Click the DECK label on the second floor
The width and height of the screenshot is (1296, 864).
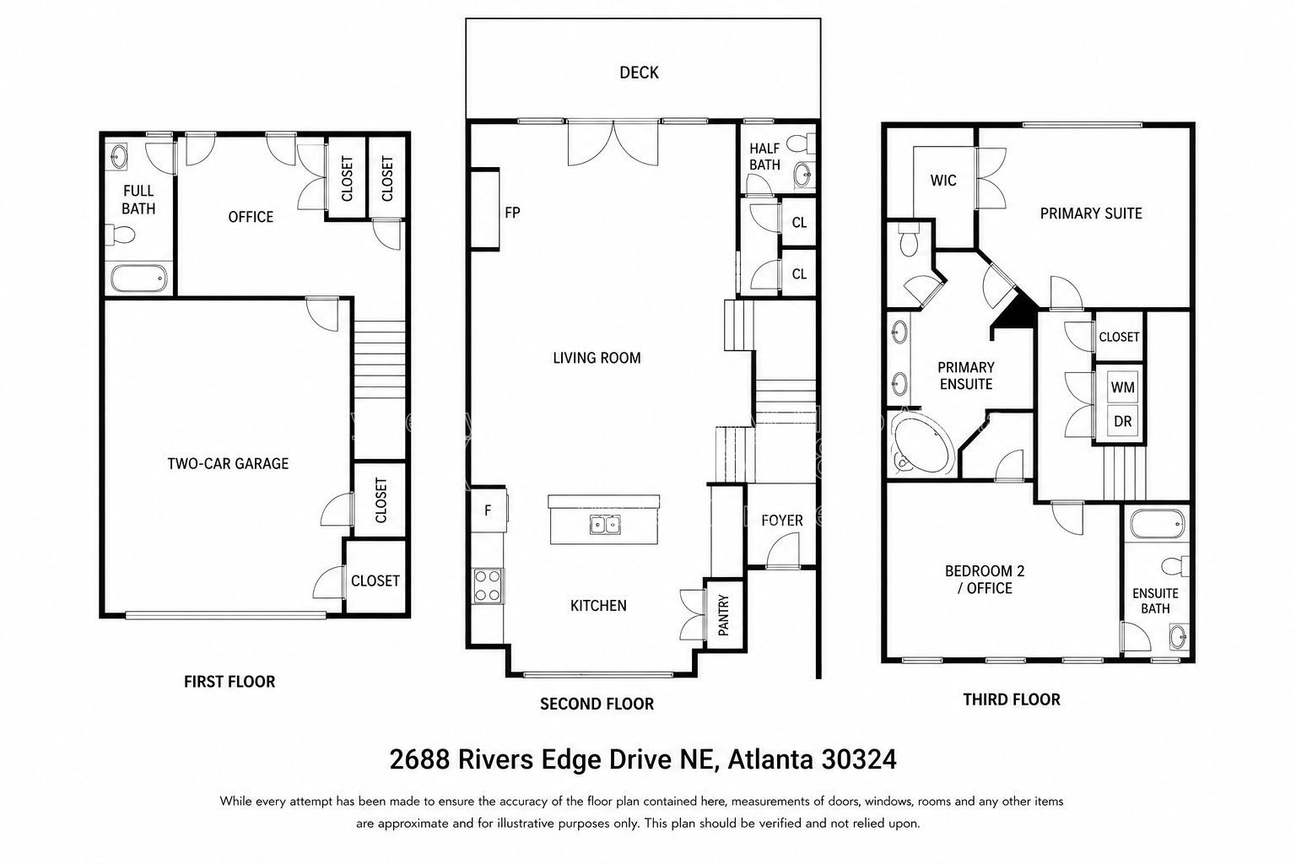[x=639, y=73]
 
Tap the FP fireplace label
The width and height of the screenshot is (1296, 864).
[x=512, y=213]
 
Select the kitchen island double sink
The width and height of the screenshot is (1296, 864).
[x=605, y=524]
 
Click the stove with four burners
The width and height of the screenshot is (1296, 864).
[x=487, y=586]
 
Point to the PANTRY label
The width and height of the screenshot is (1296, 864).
[x=723, y=614]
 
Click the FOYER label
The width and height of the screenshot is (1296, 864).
[x=781, y=521]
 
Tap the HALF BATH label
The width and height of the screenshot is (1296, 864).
[x=764, y=157]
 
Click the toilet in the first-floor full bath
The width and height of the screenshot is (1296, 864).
[x=121, y=235]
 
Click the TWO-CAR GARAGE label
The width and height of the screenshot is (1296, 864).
[x=228, y=463]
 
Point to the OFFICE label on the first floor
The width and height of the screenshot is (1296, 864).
[x=251, y=217]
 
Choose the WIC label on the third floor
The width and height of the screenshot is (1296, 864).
[x=943, y=181]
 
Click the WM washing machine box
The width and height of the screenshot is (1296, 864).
[x=1122, y=387]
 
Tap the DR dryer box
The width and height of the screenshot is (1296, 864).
[x=1122, y=421]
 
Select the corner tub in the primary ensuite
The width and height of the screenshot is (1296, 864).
[x=922, y=444]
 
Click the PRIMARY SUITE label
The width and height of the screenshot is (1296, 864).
[x=1091, y=213]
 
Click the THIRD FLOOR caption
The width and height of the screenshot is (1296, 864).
[x=1012, y=699]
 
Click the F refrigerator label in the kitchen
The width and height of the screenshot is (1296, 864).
[x=488, y=510]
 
